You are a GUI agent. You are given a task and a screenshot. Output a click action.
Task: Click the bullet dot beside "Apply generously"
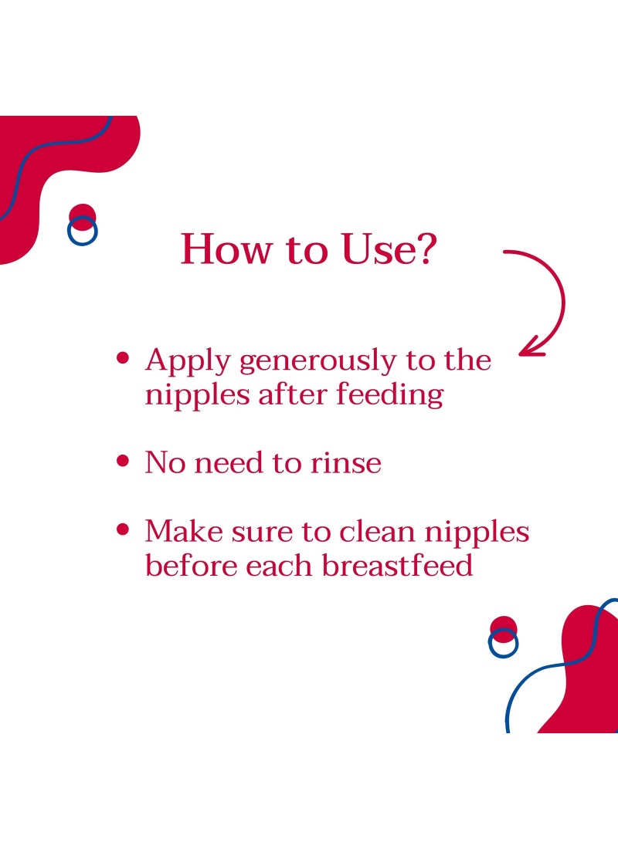[122, 360]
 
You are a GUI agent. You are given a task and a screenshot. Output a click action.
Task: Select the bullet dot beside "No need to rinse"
[122, 462]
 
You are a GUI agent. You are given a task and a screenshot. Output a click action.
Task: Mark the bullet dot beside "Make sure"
[122, 530]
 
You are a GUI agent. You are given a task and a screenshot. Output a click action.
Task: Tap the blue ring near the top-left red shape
[82, 231]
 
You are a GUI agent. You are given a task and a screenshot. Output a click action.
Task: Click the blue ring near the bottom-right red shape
[503, 643]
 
